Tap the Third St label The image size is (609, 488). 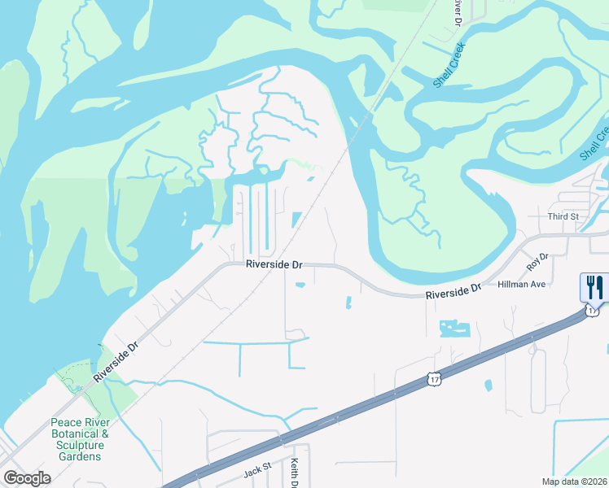(x=563, y=216)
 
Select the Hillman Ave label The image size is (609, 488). (x=527, y=284)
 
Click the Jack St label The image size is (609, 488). (x=256, y=473)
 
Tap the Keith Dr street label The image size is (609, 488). (x=294, y=474)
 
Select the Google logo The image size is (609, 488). (x=27, y=478)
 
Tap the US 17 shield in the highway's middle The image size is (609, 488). (x=436, y=379)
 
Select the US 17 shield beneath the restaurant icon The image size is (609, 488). (x=593, y=310)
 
